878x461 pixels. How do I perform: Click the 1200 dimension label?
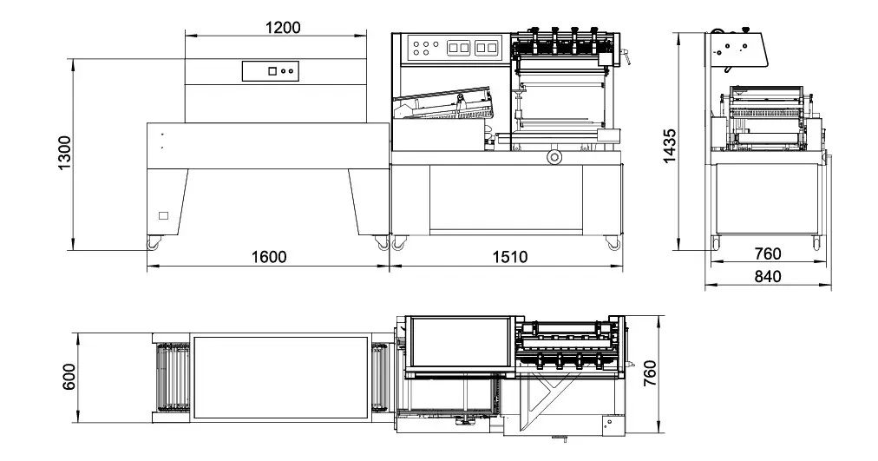tap(283, 27)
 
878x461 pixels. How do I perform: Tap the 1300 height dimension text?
tap(65, 153)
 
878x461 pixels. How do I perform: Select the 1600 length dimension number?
tap(269, 257)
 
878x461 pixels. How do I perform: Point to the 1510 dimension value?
tap(509, 257)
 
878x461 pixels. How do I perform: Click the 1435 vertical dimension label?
tap(670, 146)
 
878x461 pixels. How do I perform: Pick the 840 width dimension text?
tap(767, 276)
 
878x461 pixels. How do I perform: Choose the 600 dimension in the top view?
tap(69, 377)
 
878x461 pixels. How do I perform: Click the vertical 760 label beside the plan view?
tap(650, 373)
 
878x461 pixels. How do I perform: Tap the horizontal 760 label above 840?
tap(767, 254)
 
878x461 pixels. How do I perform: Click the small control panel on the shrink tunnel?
tap(271, 71)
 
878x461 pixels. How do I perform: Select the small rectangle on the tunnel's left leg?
tap(163, 215)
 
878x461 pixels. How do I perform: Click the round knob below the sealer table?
tap(554, 157)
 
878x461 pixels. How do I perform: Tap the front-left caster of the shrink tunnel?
tap(153, 242)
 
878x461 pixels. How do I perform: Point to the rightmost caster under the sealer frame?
tap(613, 242)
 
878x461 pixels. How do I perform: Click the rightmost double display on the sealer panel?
tap(486, 48)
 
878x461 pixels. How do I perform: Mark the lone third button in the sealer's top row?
tap(435, 43)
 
